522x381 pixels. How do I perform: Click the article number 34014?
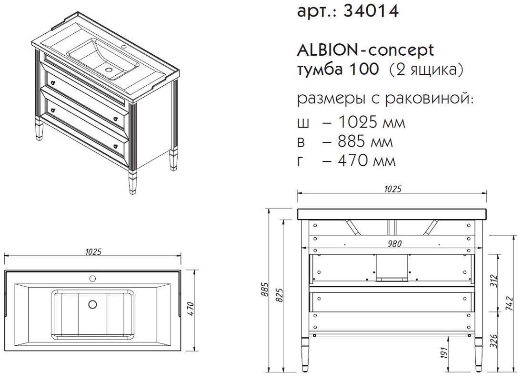click(x=371, y=11)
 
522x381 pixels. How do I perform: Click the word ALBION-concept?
click(x=365, y=50)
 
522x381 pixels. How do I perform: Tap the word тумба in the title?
click(x=318, y=69)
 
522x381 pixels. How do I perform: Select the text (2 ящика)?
click(x=426, y=70)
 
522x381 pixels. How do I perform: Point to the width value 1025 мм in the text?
click(x=371, y=122)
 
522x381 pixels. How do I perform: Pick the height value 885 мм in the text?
click(x=365, y=141)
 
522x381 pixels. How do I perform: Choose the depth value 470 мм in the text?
click(x=367, y=160)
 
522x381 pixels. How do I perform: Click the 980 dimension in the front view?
click(x=394, y=243)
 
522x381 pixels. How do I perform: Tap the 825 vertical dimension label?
click(x=280, y=295)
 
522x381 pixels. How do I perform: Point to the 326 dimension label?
click(x=494, y=341)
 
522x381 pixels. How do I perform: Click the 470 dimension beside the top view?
click(x=190, y=310)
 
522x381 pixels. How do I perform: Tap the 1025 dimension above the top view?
click(x=93, y=252)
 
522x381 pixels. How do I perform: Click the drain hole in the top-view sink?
click(x=92, y=304)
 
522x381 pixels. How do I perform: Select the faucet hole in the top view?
click(x=92, y=278)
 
